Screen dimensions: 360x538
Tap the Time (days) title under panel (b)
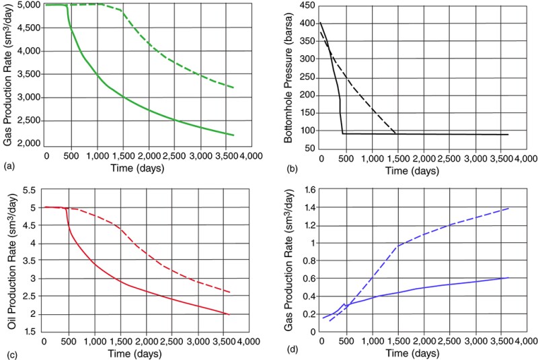tap(410, 172)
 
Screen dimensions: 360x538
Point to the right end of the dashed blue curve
tap(508, 208)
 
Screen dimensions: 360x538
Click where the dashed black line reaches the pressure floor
tap(395, 134)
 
